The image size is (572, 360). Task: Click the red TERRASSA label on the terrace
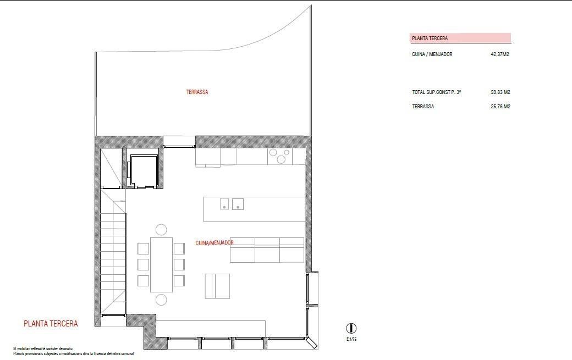[197, 92]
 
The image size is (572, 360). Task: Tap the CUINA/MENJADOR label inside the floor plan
[215, 242]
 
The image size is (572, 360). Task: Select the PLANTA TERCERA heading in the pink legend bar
[430, 38]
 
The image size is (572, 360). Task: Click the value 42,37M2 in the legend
[500, 54]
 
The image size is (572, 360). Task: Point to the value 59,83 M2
[500, 92]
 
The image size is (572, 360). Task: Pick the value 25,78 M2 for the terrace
[500, 107]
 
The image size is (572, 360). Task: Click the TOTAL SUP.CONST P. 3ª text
[436, 92]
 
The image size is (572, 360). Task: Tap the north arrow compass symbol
[351, 328]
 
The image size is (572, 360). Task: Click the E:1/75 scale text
[351, 340]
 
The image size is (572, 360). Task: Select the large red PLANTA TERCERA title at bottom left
[51, 324]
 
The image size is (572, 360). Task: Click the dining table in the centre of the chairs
[161, 264]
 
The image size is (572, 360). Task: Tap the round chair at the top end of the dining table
[161, 230]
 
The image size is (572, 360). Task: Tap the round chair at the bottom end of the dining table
[161, 300]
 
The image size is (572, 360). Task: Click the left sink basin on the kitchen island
[224, 204]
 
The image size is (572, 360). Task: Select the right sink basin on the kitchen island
[238, 204]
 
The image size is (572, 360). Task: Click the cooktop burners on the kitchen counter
[279, 156]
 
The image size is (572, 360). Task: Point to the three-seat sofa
[267, 251]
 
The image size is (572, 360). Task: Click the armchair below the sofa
[218, 286]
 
